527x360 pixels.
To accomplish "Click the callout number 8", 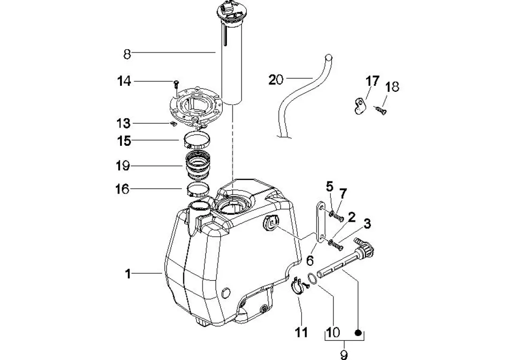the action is pos(127,54).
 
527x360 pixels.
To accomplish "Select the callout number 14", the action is pos(124,81).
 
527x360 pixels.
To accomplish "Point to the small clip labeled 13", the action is pos(173,124).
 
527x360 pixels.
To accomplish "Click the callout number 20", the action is pos(276,80).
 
